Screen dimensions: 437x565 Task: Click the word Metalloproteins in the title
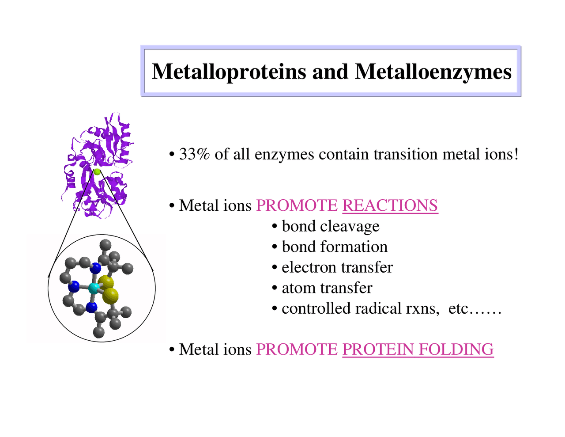229,72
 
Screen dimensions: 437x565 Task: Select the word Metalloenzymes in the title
433,72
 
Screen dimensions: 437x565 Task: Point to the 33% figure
194,154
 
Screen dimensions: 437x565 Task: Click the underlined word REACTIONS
390,205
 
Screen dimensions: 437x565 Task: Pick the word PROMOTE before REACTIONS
297,205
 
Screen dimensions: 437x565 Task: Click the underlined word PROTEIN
378,350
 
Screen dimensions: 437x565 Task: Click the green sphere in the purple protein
97,171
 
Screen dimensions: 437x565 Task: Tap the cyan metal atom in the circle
94,289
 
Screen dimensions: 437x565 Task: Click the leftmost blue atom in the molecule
74,287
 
